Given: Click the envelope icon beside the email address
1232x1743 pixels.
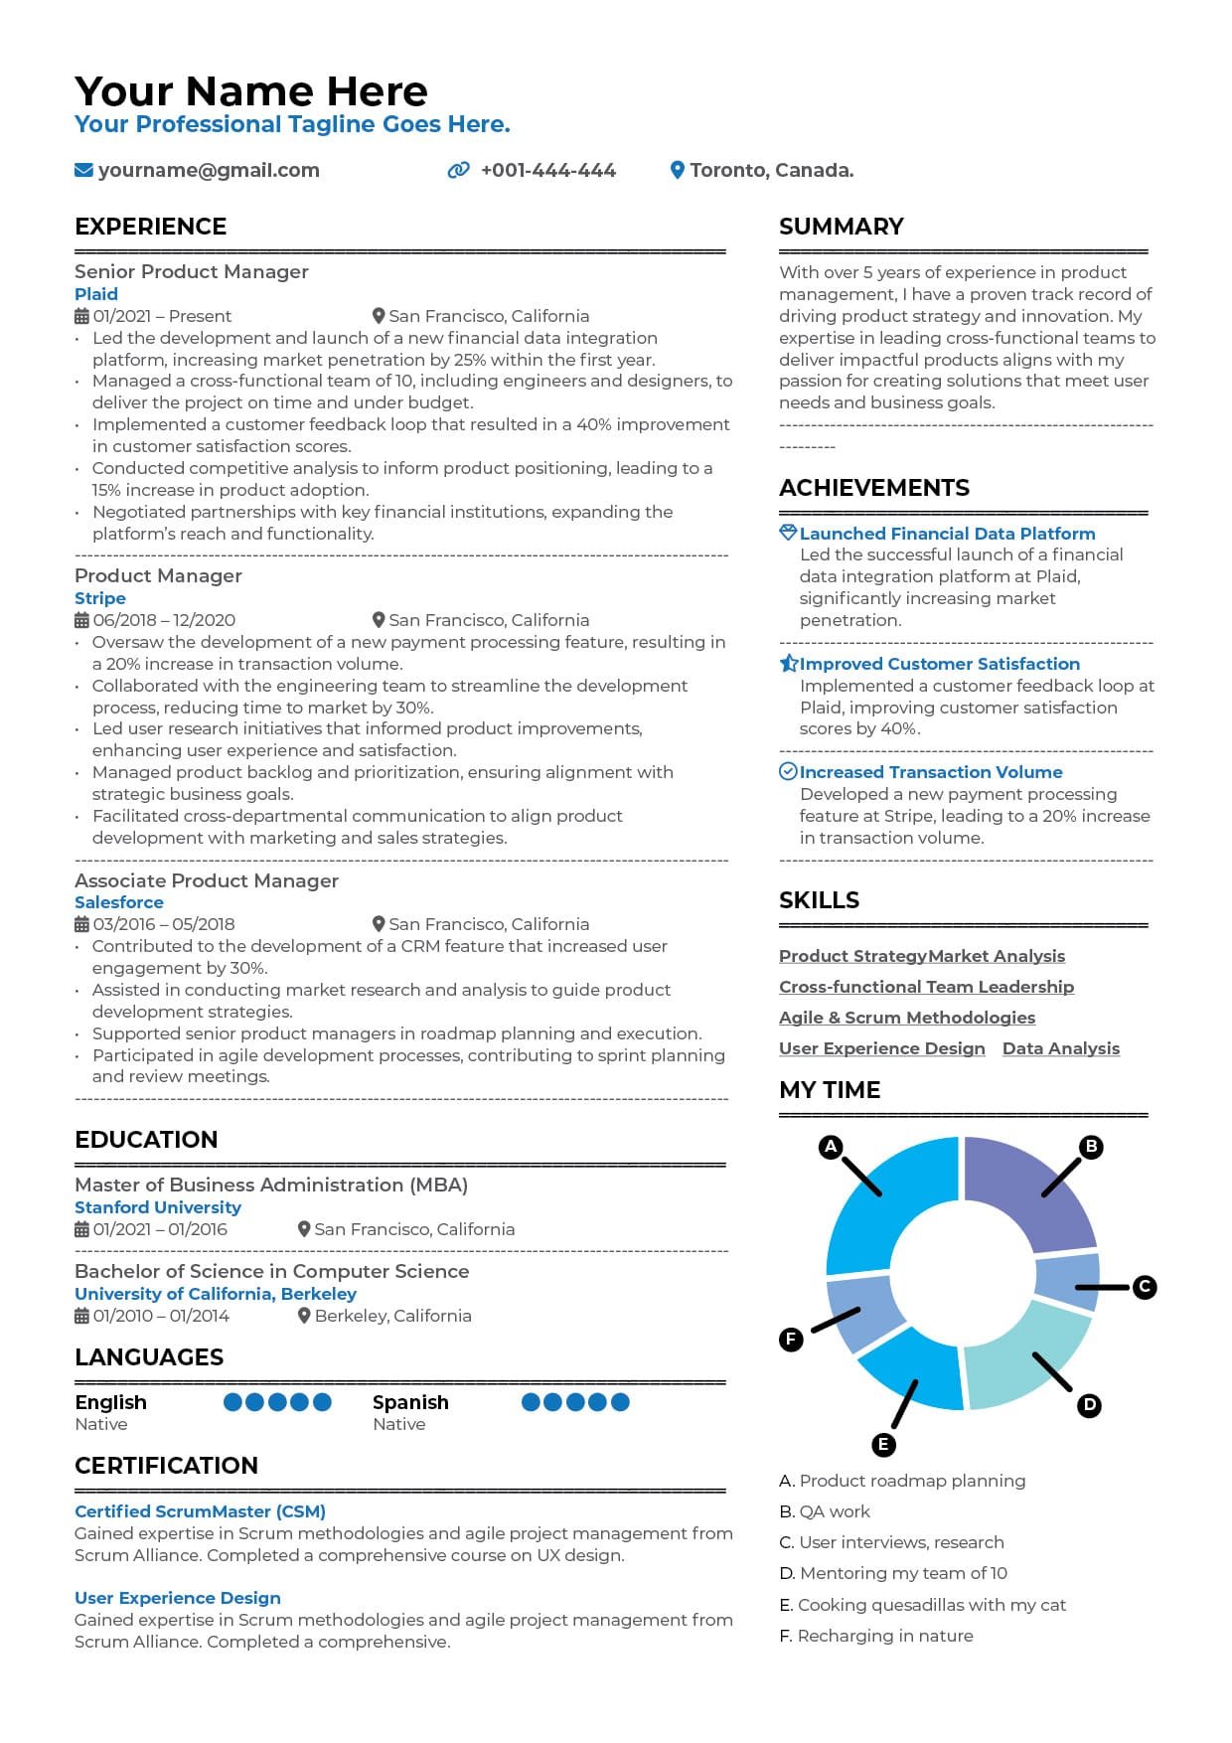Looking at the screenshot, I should point(83,171).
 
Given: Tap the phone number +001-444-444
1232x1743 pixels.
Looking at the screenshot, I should point(547,171).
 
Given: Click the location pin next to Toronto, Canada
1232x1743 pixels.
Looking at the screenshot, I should point(678,171).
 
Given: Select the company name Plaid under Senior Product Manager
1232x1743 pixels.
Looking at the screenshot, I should point(96,294).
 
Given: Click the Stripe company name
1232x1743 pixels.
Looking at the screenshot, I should point(100,598).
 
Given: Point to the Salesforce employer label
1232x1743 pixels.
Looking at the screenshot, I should point(119,902).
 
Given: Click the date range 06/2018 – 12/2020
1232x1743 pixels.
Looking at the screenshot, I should point(164,620).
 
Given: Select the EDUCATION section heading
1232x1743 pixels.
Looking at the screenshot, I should point(146,1140).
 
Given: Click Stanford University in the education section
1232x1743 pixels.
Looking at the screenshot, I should point(158,1207).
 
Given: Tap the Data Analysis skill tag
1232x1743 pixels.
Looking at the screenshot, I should point(1061,1048).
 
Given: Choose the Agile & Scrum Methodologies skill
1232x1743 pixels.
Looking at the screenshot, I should point(907,1018).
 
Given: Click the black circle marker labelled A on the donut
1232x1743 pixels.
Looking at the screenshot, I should point(831,1147).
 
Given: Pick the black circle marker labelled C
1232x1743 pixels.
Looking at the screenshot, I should point(1145,1287).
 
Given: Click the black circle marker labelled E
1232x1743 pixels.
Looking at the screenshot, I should point(883,1445).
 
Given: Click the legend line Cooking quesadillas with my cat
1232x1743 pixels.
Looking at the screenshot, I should point(931,1605).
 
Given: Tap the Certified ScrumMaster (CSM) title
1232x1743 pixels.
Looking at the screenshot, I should point(201,1511).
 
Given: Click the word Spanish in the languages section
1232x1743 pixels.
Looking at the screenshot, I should point(410,1402).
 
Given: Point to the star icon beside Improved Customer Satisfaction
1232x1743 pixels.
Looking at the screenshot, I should point(789,664).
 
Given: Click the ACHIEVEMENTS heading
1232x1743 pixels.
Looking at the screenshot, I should point(874,488).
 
